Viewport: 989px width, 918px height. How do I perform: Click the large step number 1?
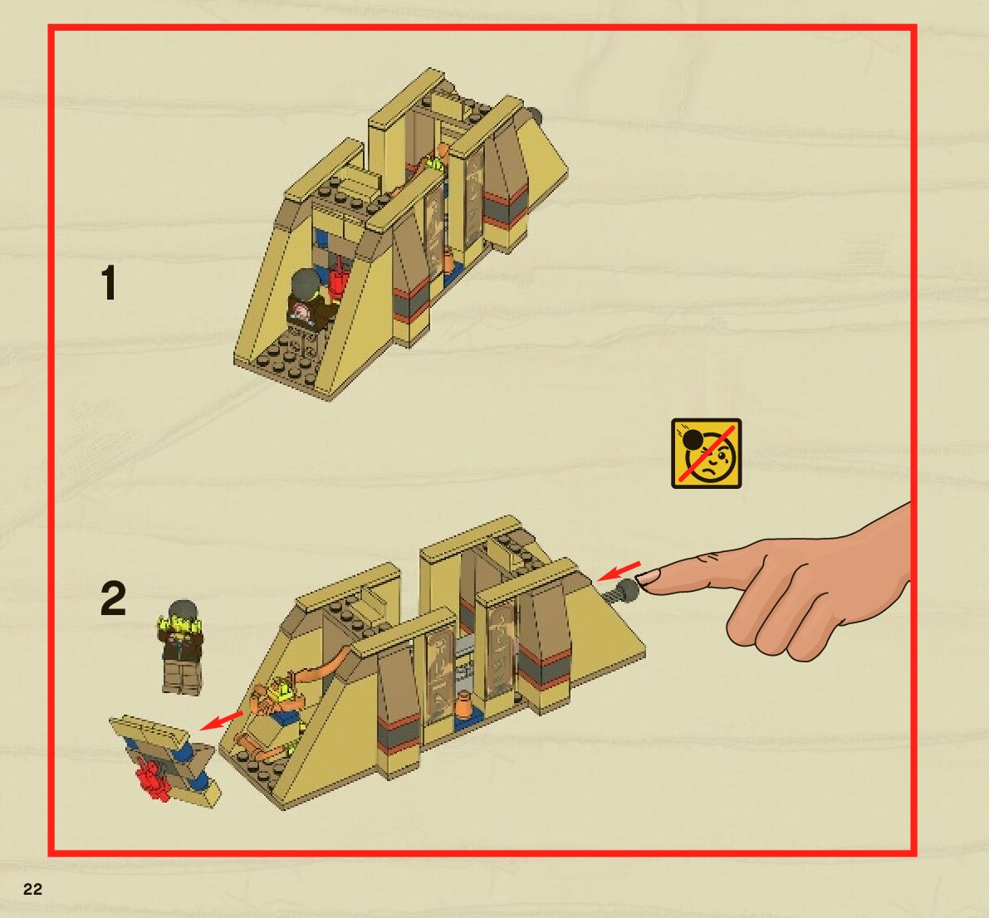click(109, 283)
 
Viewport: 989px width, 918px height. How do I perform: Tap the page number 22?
click(32, 889)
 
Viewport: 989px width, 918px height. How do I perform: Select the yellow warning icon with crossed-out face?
click(706, 453)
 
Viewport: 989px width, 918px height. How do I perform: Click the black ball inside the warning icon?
click(693, 439)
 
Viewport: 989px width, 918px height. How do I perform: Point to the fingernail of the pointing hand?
click(648, 576)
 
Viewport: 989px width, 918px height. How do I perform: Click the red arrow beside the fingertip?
click(618, 570)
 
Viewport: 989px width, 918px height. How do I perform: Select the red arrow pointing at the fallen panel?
click(221, 720)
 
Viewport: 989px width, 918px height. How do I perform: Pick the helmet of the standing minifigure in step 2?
click(184, 610)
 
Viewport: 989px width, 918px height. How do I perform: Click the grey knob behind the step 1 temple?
click(536, 116)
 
